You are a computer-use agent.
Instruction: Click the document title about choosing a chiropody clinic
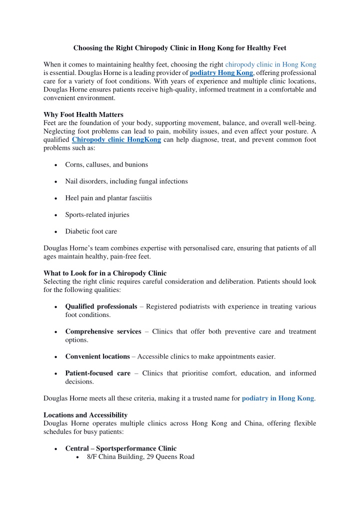tap(179, 48)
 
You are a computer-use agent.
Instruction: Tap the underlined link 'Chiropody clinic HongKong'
tap(116, 140)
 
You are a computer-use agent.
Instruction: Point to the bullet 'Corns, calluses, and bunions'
tap(106, 164)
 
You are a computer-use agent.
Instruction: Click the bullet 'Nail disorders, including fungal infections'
tap(126, 181)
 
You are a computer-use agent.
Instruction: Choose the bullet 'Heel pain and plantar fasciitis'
tap(108, 197)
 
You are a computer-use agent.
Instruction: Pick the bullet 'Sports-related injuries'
tap(97, 214)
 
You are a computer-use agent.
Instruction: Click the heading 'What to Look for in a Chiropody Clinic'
tap(105, 273)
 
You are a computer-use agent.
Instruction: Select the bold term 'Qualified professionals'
tap(101, 306)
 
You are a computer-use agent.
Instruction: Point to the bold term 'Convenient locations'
tap(97, 356)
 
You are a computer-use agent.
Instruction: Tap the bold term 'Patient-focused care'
tap(97, 373)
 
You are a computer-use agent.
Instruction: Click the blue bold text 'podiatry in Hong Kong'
tap(277, 398)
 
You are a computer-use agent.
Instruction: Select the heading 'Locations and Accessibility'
tap(85, 415)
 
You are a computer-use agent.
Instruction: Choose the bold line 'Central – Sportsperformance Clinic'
tap(120, 448)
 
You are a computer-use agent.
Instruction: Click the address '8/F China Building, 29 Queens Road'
tap(136, 456)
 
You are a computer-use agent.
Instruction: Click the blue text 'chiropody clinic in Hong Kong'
tap(270, 64)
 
